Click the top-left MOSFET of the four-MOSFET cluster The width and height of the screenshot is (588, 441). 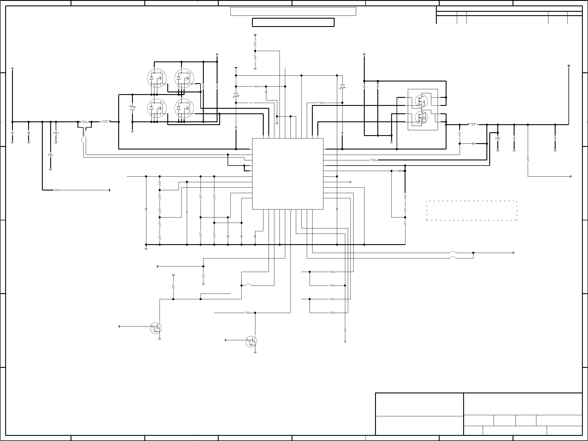pos(157,78)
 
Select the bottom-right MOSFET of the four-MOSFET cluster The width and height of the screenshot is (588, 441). pos(184,108)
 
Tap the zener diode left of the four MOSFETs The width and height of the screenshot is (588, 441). pos(132,108)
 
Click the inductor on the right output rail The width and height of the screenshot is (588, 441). pos(473,125)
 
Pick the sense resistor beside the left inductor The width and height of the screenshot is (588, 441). pos(84,122)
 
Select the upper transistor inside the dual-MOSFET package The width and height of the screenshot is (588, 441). pos(421,100)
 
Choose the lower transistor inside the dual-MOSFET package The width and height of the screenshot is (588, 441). pos(421,117)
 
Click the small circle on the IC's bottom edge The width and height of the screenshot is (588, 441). pos(290,211)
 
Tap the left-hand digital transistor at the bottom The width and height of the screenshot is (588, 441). pos(156,328)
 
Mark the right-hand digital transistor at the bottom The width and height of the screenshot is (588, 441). pos(251,341)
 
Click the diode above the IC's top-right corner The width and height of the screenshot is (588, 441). pos(342,86)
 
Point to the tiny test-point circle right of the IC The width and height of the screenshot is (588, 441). pos(351,182)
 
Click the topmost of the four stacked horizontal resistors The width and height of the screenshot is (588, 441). pos(332,272)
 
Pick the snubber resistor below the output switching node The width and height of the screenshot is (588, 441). pos(459,134)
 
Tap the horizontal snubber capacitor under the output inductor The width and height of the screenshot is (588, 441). pos(473,143)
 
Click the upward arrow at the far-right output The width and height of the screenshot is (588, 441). pos(569,66)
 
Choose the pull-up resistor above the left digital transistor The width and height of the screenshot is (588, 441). pos(173,287)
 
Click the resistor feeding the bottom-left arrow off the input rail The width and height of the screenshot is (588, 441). pos(57,190)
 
